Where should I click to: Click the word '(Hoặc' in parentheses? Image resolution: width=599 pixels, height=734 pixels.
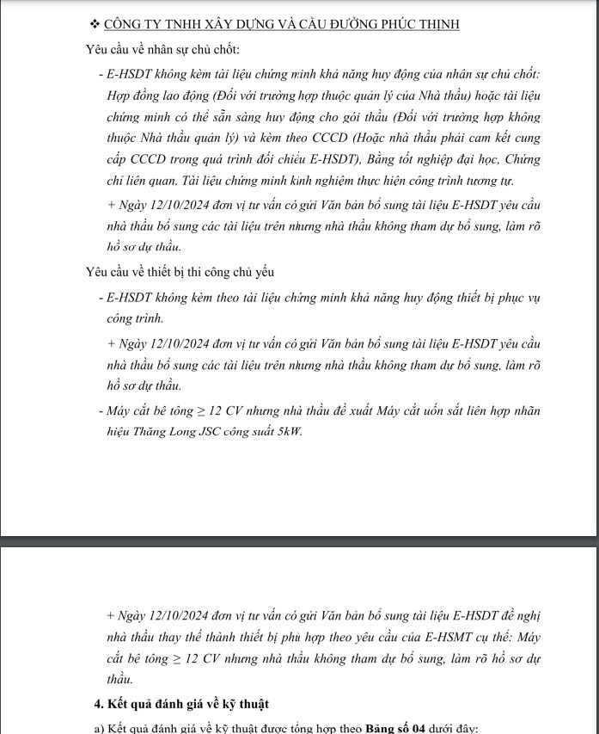pos(307,137)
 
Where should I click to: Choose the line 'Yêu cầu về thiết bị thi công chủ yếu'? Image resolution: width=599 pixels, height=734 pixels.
pos(180,272)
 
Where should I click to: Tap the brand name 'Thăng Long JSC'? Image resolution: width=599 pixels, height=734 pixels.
pos(168,431)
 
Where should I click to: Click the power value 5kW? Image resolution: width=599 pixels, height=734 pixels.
pos(288,431)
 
